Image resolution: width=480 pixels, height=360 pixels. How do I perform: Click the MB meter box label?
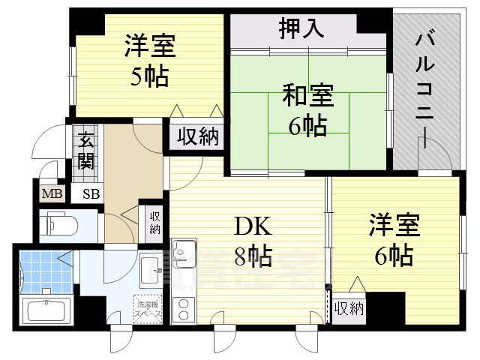[52, 194]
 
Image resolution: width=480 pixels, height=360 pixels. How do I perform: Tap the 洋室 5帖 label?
[149, 60]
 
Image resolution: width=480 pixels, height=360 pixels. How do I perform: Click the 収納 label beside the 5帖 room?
[198, 137]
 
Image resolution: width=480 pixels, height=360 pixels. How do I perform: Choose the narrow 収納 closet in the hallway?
[154, 222]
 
